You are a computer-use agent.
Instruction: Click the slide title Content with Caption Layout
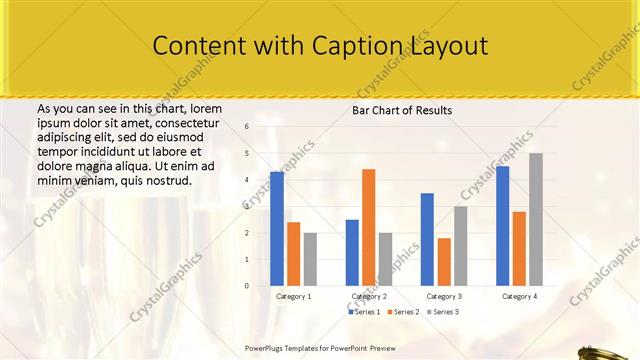320,46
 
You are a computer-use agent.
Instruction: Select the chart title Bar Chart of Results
402,110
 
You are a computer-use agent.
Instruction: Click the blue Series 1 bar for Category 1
277,229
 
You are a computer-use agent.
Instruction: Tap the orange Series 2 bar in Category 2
368,227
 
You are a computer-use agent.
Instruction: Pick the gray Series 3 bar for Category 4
536,219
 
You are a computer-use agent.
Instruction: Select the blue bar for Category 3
427,239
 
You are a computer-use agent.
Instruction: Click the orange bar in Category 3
444,262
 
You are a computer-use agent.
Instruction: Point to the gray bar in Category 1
310,259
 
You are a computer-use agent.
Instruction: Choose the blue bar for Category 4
502,226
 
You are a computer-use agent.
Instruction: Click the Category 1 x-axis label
293,297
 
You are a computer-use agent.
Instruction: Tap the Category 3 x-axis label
444,297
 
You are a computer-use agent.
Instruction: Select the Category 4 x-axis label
519,297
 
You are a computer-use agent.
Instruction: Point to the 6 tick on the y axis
247,127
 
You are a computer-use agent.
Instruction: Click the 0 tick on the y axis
247,286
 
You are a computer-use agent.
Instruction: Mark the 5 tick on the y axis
247,153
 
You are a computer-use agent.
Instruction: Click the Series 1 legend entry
364,313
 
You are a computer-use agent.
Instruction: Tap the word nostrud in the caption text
166,181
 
